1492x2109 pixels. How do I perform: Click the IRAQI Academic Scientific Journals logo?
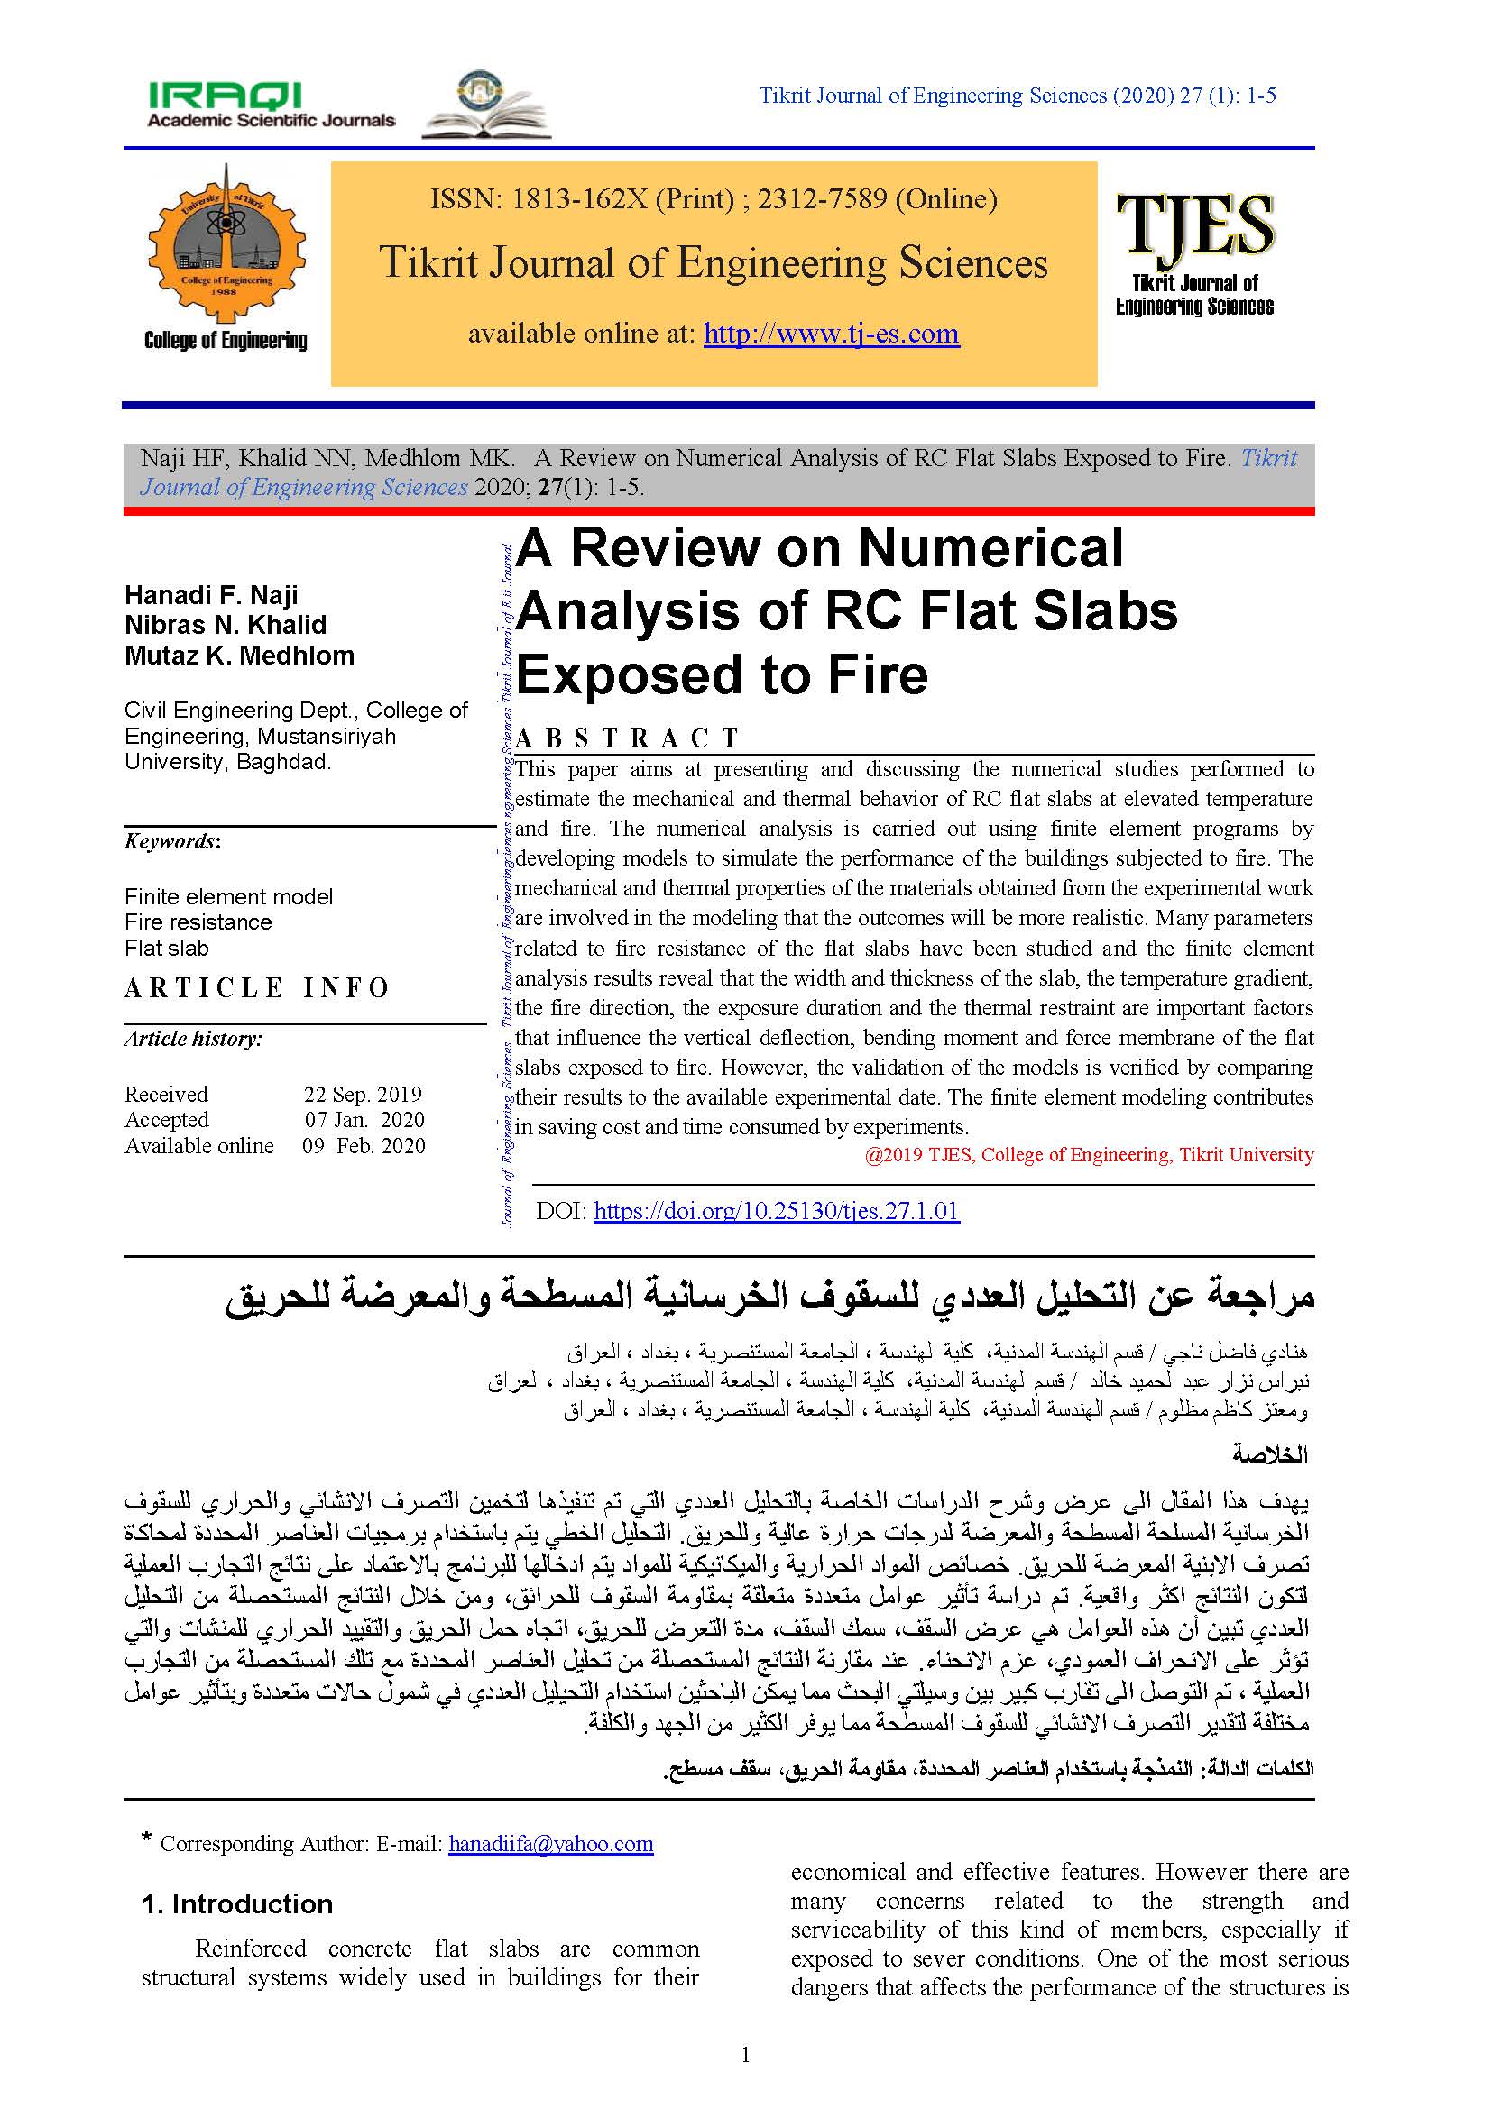(271, 105)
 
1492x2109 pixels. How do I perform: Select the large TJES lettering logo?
(1194, 225)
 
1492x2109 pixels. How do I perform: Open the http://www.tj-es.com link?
(832, 334)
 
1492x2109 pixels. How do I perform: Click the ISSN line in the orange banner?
(714, 199)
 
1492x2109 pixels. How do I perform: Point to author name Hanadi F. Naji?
(211, 594)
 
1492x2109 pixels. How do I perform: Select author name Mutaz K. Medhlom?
(239, 655)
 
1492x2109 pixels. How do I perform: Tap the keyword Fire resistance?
(198, 922)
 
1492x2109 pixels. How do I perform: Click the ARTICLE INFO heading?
(257, 988)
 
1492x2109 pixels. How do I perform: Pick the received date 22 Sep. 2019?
(363, 1094)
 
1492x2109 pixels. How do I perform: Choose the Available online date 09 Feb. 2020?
(364, 1145)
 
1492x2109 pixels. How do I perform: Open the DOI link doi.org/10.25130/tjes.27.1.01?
(777, 1211)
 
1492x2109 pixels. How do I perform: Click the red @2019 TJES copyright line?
(1089, 1155)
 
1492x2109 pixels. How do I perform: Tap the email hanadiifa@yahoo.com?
(550, 1844)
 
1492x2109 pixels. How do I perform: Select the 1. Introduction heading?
(237, 1904)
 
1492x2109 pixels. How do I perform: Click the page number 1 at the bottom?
(745, 2055)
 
